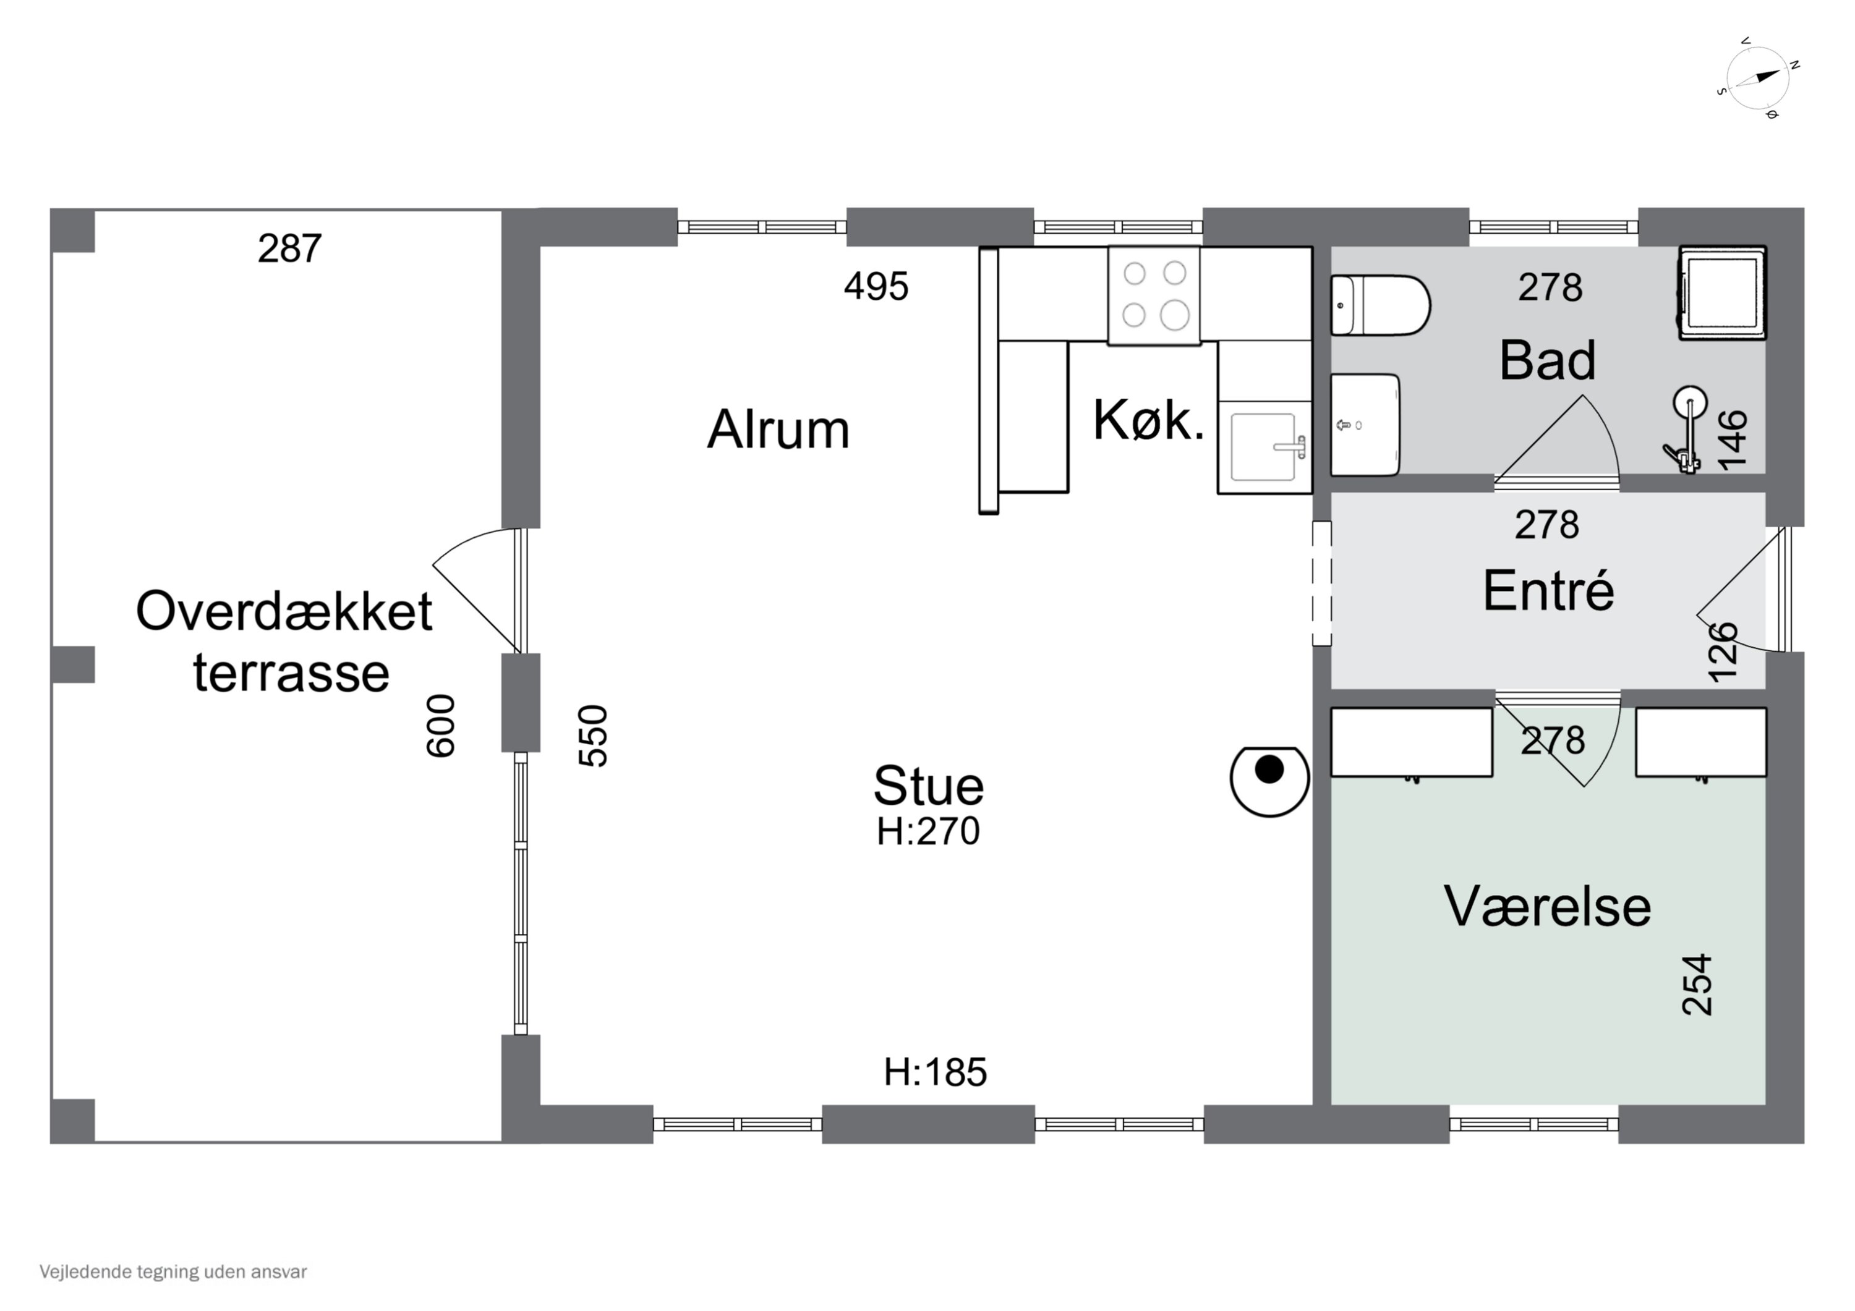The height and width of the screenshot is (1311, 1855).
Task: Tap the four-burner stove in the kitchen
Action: click(1154, 295)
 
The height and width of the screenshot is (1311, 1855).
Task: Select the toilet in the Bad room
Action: click(1379, 305)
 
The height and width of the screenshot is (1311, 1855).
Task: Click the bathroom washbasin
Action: click(1365, 425)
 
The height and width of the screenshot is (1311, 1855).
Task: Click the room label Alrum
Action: click(778, 430)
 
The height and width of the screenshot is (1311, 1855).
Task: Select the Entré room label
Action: click(1548, 592)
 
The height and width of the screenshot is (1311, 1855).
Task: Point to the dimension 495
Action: click(876, 287)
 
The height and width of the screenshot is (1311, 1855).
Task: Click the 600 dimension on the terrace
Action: click(441, 726)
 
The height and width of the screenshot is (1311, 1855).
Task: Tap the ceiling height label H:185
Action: click(935, 1072)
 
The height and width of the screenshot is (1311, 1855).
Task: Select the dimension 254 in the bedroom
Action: click(1697, 985)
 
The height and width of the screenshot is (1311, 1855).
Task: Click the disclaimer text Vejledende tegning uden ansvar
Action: click(173, 1271)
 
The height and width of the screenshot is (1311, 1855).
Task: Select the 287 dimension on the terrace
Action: click(289, 249)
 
